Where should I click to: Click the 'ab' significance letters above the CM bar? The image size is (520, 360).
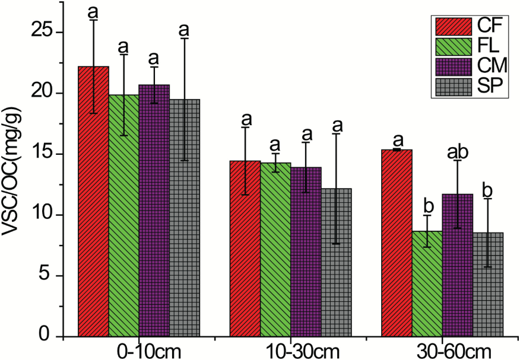tap(458, 151)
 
